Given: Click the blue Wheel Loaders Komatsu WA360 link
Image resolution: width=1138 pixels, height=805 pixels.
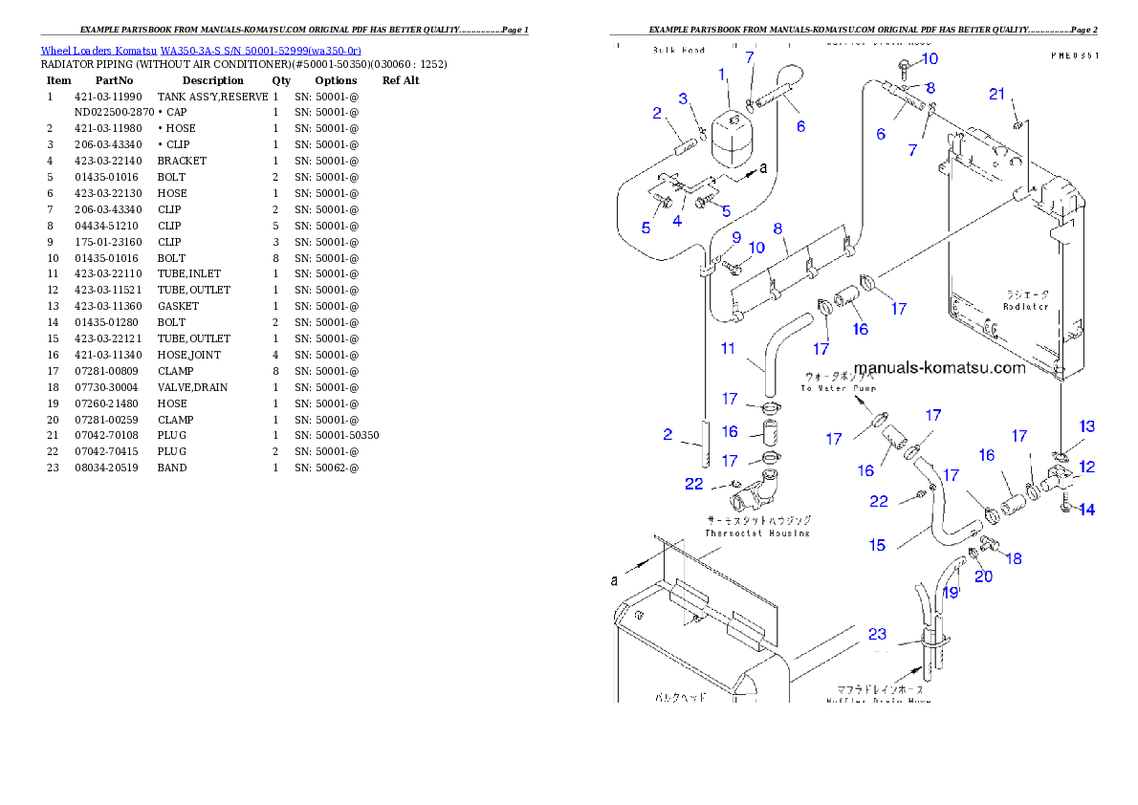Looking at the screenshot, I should click(201, 50).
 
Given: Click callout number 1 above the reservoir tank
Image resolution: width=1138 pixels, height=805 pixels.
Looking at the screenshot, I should click(723, 74).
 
